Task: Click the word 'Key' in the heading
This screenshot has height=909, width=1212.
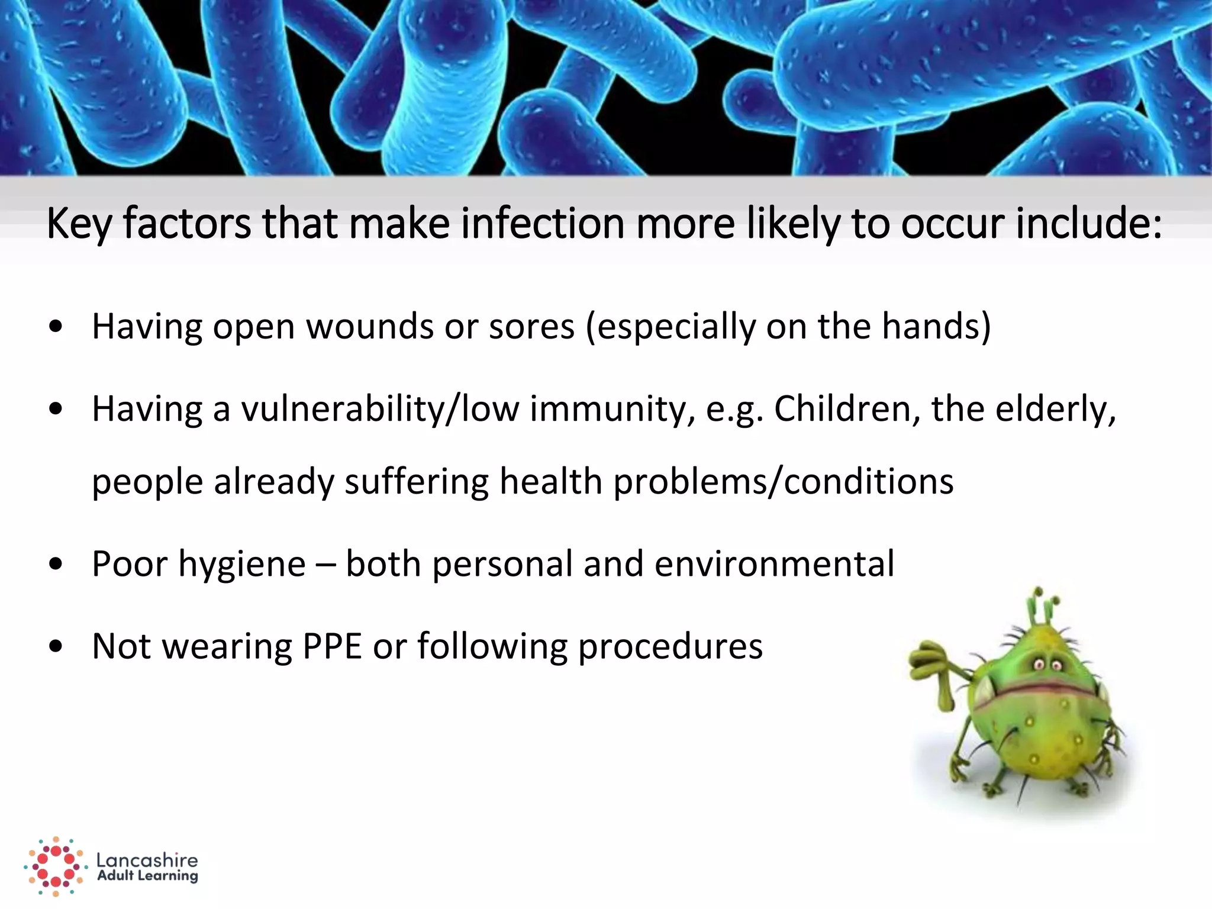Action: click(x=79, y=224)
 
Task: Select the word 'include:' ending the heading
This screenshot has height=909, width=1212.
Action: click(x=1089, y=224)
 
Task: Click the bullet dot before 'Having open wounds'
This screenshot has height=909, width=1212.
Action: click(x=56, y=327)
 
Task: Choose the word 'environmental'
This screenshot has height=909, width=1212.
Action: click(x=775, y=564)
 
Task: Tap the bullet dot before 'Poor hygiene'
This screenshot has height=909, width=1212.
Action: click(x=56, y=564)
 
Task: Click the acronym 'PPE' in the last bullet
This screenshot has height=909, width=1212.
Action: click(x=331, y=646)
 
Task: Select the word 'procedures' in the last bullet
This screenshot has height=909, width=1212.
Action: click(x=671, y=646)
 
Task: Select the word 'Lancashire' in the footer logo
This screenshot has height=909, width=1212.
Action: click(x=147, y=860)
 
